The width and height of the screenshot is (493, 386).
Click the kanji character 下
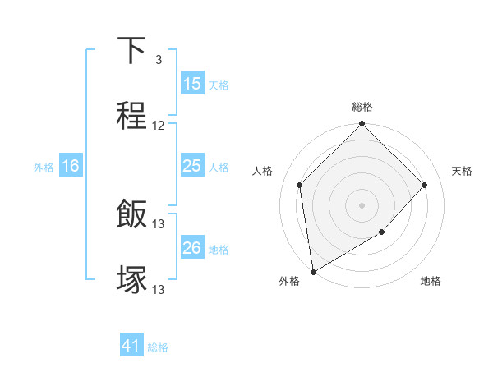click(131, 51)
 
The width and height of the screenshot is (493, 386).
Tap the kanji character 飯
click(131, 215)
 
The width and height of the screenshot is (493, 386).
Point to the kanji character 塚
click(131, 279)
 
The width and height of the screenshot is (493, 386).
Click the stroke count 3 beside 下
click(158, 60)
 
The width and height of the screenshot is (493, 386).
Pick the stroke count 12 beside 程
click(159, 126)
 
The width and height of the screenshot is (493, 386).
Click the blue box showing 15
click(192, 84)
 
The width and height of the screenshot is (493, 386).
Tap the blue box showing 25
click(192, 166)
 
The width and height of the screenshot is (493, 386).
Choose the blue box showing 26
click(192, 248)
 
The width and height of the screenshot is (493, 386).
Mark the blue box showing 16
click(70, 166)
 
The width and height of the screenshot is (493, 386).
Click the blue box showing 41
click(131, 346)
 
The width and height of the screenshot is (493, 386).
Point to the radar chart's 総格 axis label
click(362, 107)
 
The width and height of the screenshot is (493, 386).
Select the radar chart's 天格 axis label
click(462, 171)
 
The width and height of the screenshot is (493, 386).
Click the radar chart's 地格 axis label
click(431, 281)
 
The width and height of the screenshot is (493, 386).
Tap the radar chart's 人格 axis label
click(263, 171)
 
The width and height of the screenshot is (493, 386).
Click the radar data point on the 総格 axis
click(362, 125)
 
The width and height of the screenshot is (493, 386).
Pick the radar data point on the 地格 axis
click(382, 232)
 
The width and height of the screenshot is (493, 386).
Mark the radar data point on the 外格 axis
click(313, 271)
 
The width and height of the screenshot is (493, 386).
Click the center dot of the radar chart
click(362, 204)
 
